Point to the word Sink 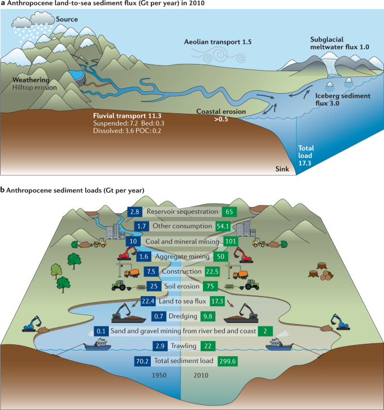click(x=282, y=168)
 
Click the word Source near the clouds click(x=67, y=19)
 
